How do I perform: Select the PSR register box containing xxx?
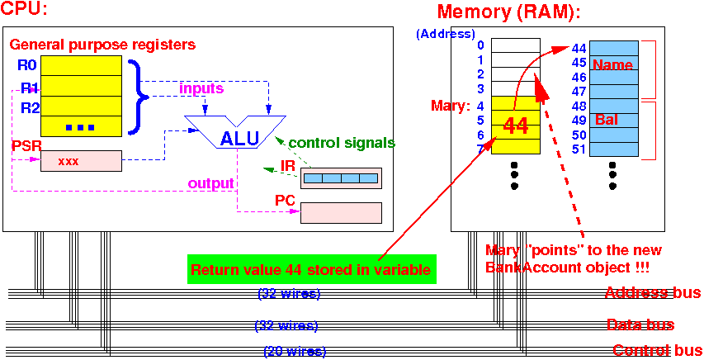[81, 161]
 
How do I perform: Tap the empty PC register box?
[341, 212]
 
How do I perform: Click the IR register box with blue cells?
[341, 178]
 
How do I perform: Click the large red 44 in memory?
[515, 126]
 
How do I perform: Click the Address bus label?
[652, 292]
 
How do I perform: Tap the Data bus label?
[639, 324]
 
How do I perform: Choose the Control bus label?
[656, 350]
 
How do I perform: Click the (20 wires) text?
[295, 352]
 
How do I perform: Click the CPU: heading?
[25, 11]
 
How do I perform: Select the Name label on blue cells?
[612, 65]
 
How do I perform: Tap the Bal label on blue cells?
[607, 121]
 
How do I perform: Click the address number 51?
[579, 149]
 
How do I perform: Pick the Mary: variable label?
[451, 106]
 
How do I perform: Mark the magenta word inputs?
[201, 88]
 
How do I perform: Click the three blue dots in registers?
[80, 126]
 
